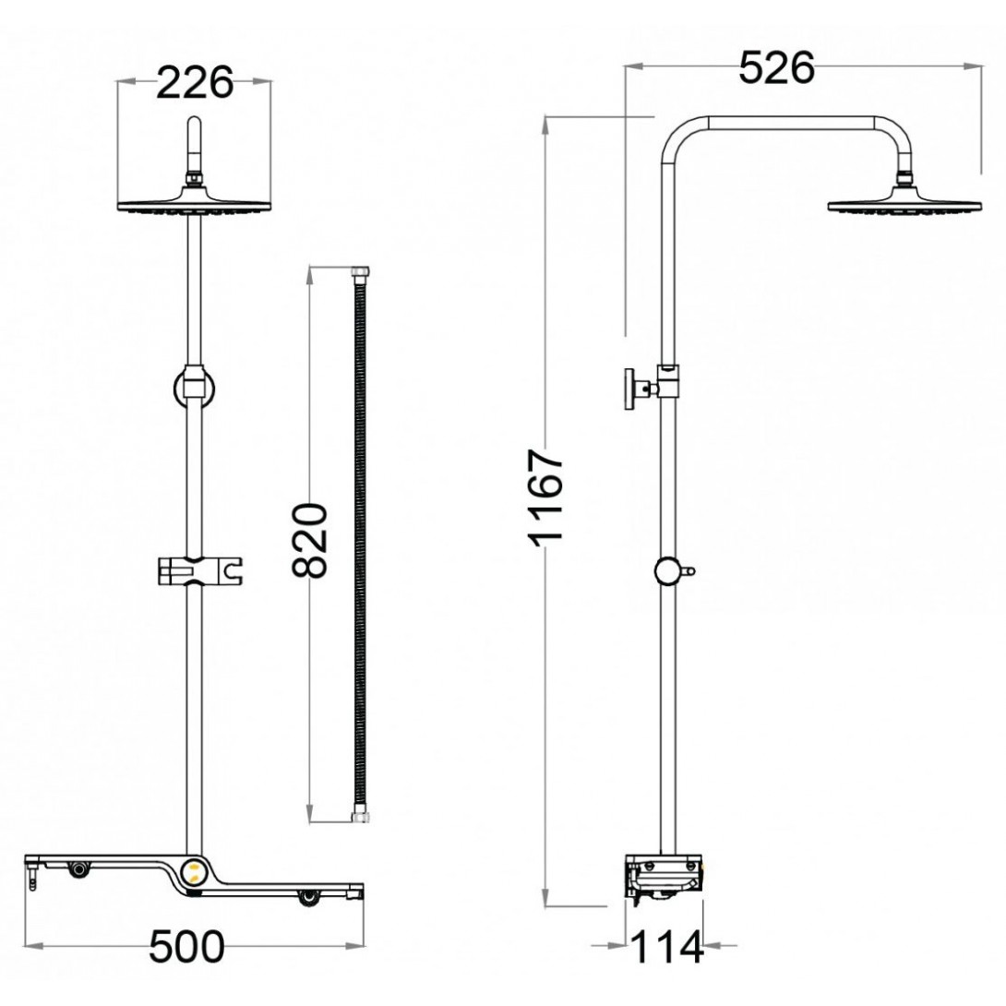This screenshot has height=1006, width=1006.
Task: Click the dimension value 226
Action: click(x=195, y=83)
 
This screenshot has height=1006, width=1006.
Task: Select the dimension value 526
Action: click(x=777, y=67)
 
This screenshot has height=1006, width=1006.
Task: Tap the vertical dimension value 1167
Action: click(x=545, y=497)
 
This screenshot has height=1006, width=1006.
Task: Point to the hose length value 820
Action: click(x=310, y=541)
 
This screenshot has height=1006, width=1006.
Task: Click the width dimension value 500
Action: click(x=186, y=946)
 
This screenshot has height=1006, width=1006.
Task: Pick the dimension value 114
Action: click(x=667, y=948)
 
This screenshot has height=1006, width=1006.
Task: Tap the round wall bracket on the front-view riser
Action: click(x=194, y=389)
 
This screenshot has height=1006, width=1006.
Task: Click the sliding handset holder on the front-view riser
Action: click(x=199, y=570)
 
